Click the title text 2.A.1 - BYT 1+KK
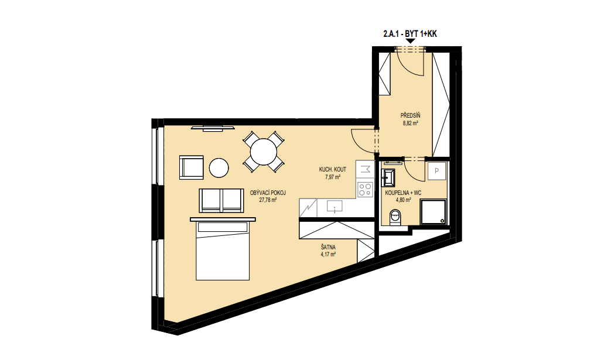point(410,34)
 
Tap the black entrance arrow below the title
point(410,41)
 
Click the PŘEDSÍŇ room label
point(410,115)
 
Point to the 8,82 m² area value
point(410,124)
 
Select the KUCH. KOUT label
point(332,170)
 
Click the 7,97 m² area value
point(333,177)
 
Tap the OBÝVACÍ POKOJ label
point(268,193)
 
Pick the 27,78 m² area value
point(268,200)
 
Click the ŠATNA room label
point(328,247)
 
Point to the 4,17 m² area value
point(328,255)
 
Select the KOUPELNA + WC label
point(403,193)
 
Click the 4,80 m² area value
point(403,200)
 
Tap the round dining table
point(264,152)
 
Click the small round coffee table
point(219,168)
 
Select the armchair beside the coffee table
point(192,167)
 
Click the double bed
point(223,249)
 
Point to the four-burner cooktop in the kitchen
point(365,190)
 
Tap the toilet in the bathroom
point(395,217)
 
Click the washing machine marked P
point(436,171)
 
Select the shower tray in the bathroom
point(433,212)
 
